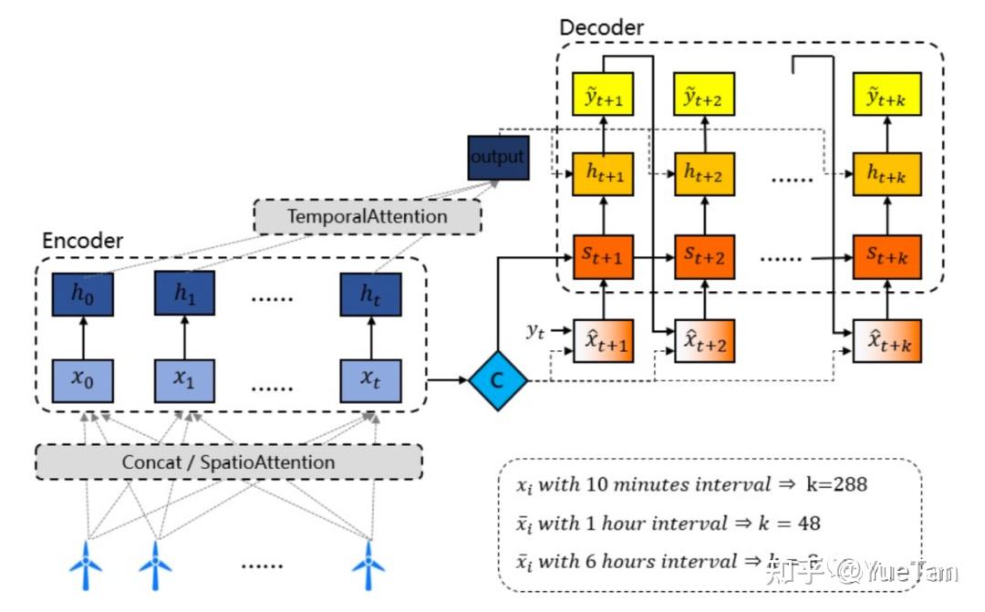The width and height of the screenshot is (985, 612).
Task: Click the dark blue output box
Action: coord(497,157)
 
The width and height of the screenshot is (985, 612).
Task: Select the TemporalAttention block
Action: coord(368,216)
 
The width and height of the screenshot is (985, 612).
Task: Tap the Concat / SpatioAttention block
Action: coord(228,462)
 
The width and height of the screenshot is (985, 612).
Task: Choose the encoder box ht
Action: coord(369,295)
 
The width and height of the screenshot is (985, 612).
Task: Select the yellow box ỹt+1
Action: coord(603,94)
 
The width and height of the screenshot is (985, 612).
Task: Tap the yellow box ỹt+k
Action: coord(883,94)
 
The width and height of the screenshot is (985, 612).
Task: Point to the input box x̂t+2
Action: coord(704,341)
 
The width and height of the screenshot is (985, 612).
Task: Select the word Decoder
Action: coord(601,27)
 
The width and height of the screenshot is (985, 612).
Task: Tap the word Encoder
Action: coord(83,241)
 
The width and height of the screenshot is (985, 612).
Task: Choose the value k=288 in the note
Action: coord(835,483)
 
